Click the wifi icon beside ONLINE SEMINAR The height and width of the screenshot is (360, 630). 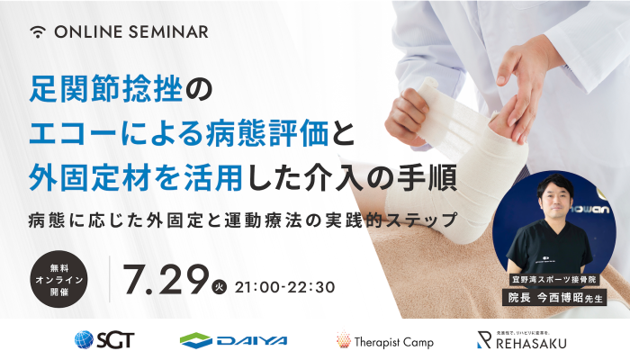[x=38, y=31]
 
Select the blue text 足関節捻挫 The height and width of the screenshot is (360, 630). [x=106, y=89]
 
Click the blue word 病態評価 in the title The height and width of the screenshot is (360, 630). [x=266, y=133]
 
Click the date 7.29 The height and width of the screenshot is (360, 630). [x=166, y=280]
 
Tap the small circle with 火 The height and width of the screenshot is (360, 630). [x=219, y=287]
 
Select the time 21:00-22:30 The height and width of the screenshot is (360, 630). [x=284, y=287]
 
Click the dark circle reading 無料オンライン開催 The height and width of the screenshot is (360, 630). [x=58, y=279]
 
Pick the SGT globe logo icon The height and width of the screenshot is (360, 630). [x=84, y=340]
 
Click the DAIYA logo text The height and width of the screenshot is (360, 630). [x=252, y=341]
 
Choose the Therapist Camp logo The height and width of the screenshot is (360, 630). [x=385, y=341]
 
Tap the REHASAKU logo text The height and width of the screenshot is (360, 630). [x=531, y=343]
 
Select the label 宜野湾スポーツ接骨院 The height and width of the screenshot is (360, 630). [x=554, y=280]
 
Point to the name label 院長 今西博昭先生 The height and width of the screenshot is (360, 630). [x=554, y=298]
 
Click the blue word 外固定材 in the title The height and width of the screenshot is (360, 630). [x=90, y=177]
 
